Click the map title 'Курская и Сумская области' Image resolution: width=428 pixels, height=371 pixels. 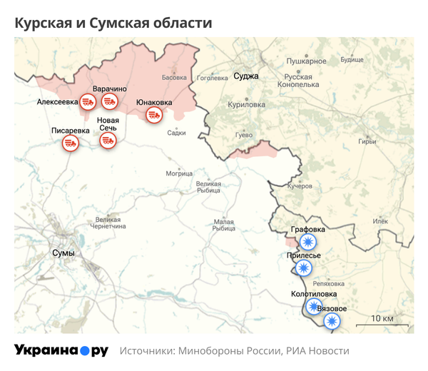click(x=113, y=24)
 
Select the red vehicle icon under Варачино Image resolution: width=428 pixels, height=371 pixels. click(x=109, y=101)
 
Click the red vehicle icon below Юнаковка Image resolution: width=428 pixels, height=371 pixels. click(x=153, y=115)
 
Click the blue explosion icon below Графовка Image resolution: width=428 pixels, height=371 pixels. click(x=309, y=242)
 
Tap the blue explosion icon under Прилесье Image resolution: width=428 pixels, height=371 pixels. click(x=304, y=268)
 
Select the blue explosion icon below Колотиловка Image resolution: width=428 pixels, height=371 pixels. click(x=313, y=306)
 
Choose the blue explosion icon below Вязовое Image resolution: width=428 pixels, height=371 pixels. click(x=330, y=321)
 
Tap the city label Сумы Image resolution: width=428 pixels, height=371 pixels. click(x=63, y=253)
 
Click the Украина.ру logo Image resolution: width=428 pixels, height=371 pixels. click(x=61, y=350)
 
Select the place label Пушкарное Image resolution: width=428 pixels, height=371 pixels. click(x=307, y=61)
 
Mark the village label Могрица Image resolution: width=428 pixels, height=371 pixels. click(x=179, y=173)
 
